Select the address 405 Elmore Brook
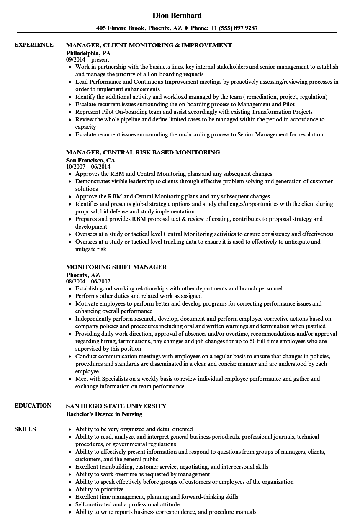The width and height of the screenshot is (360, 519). point(120,28)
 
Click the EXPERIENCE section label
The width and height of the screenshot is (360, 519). point(34,45)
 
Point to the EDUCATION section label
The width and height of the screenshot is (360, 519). point(33,406)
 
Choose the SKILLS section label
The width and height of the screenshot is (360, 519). point(25,429)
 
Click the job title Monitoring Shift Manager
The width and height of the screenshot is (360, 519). point(116,267)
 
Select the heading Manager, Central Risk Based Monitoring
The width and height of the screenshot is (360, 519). point(143,152)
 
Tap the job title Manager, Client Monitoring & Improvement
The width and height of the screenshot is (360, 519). point(149,45)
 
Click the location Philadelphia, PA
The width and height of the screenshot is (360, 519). point(88,53)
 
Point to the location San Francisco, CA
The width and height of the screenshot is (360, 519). point(90,160)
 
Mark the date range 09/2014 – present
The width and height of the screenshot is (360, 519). point(87,60)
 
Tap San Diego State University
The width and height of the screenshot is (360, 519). point(116,406)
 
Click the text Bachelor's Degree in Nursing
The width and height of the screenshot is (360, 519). point(104,414)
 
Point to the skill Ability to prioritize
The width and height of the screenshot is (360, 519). point(100,489)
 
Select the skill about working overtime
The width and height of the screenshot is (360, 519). point(142,474)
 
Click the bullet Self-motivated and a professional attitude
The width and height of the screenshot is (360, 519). point(127,504)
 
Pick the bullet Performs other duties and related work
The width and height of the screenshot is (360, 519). point(138,296)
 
